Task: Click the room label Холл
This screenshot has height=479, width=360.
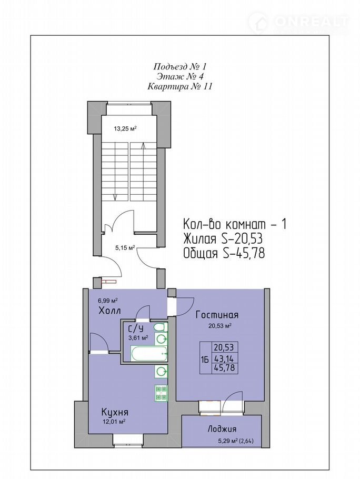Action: (109, 311)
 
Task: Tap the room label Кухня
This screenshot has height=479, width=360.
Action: (115, 412)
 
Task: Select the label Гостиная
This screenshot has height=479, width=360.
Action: (217, 315)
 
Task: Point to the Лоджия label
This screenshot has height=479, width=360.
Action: (222, 429)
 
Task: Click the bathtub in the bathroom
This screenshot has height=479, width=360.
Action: (149, 353)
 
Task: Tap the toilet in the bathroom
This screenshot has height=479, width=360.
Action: (160, 327)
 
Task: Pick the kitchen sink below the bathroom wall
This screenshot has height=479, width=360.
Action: (161, 372)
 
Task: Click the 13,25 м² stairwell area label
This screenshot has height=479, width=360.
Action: (125, 128)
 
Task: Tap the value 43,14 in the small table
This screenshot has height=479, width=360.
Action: (224, 358)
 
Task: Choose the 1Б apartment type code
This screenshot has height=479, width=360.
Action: (205, 360)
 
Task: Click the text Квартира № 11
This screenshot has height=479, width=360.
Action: (180, 87)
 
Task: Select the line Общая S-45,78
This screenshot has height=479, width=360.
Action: (224, 253)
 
